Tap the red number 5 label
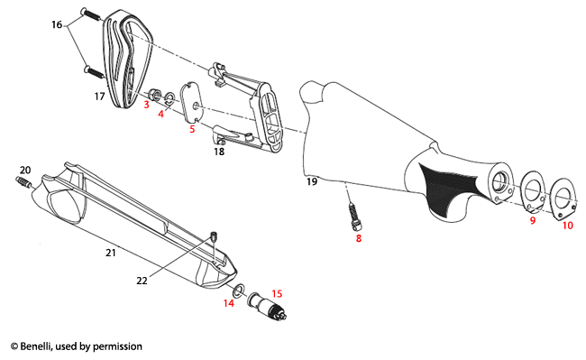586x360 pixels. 191,130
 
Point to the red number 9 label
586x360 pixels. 532,220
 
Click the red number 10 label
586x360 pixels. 567,225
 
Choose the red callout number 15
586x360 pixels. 277,293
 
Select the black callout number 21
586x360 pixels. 110,254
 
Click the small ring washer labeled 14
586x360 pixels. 237,291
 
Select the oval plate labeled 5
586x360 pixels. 193,102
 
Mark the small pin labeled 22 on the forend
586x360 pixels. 212,237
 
